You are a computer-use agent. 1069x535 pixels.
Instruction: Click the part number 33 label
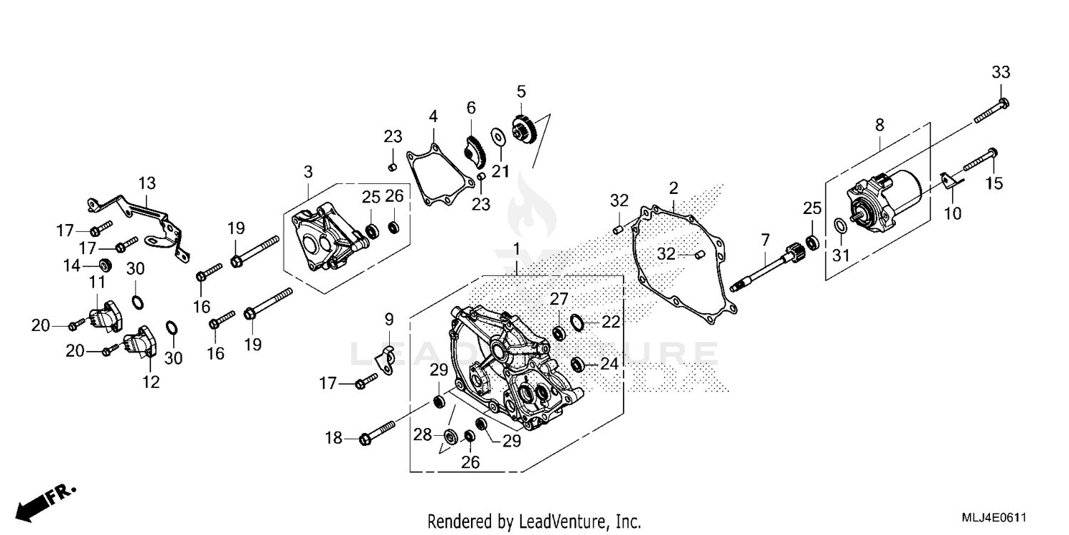(1001, 72)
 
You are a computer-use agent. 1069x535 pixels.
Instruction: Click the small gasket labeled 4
(439, 175)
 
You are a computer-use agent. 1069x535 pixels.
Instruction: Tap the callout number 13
(146, 183)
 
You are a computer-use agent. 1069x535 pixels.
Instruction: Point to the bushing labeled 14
(105, 265)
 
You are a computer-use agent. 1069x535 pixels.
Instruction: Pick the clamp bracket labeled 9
(386, 360)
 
